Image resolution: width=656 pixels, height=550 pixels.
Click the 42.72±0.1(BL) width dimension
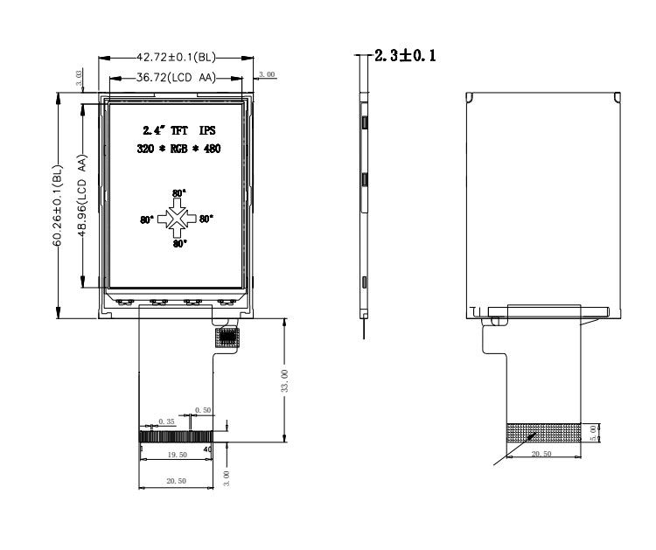tap(176, 58)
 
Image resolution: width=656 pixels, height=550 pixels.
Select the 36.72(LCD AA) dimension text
tap(176, 78)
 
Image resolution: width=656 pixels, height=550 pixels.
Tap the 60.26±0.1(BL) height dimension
tap(58, 205)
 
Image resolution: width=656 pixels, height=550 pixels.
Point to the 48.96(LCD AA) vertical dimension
tap(82, 196)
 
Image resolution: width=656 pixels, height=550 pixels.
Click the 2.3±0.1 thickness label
tap(405, 56)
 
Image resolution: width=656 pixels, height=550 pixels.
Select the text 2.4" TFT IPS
tap(179, 130)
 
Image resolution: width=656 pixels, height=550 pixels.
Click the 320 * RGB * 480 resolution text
tap(178, 149)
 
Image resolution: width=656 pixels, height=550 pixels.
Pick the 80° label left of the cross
tap(147, 219)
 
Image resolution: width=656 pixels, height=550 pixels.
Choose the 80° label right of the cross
tap(206, 219)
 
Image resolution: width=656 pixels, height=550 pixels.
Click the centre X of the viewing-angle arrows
tap(177, 219)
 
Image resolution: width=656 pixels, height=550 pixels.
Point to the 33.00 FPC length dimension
tap(284, 380)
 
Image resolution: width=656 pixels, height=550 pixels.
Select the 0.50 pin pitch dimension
tap(203, 410)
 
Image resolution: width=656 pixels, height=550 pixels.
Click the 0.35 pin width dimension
tap(166, 421)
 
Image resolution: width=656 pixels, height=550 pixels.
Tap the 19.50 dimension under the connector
tap(177, 455)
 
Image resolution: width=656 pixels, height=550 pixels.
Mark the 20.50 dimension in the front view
tap(176, 481)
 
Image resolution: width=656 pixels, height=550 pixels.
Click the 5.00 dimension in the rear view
tap(593, 433)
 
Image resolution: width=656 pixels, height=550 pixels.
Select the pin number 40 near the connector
tap(207, 449)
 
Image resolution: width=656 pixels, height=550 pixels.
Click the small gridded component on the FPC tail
tap(227, 338)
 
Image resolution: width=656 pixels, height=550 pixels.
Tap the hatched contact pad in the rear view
tap(543, 433)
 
